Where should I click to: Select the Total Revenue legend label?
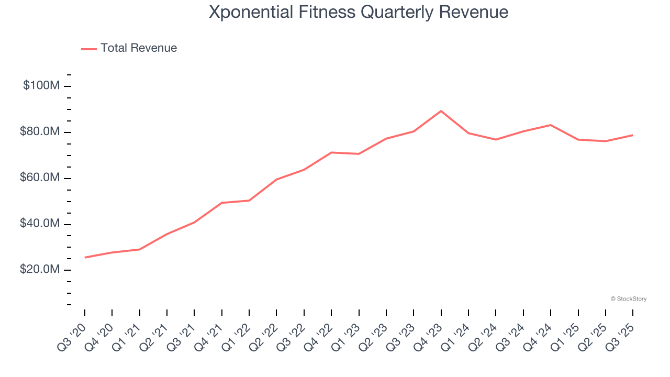click(139, 48)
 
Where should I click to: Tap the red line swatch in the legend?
click(89, 49)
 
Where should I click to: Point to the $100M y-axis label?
click(41, 85)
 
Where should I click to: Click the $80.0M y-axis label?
click(40, 131)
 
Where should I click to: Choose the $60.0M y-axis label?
click(40, 178)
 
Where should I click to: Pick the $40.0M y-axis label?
click(40, 224)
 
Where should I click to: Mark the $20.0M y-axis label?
click(40, 270)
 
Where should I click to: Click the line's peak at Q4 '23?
click(441, 111)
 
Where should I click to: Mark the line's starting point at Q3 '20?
click(85, 257)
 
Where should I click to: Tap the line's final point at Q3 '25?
click(632, 135)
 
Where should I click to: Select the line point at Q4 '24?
click(550, 125)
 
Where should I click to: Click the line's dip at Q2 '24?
click(496, 139)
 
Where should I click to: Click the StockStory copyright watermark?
click(628, 299)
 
